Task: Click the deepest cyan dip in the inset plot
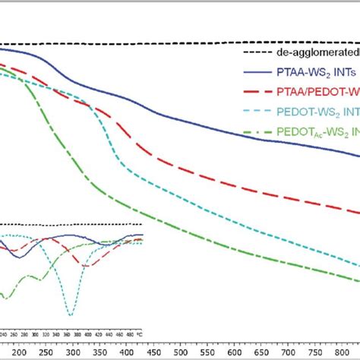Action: click(70, 314)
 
